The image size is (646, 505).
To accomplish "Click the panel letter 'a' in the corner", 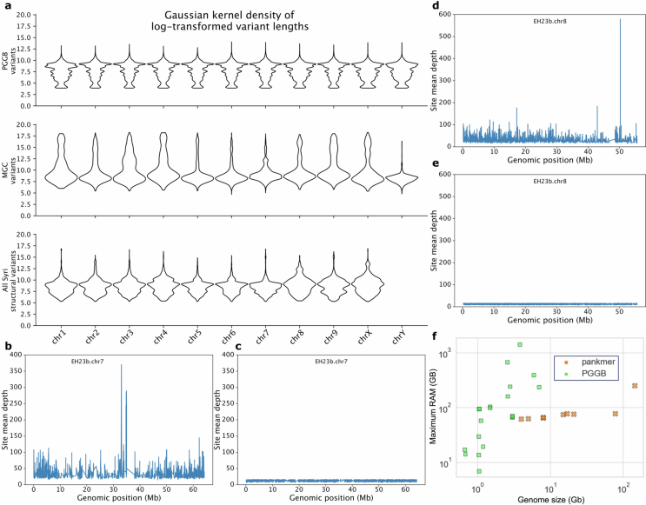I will pos(7,6).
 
